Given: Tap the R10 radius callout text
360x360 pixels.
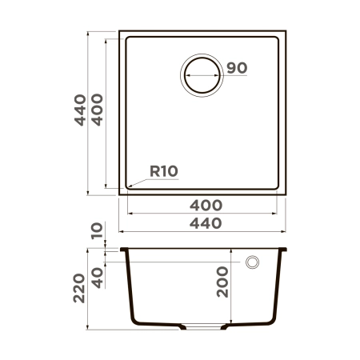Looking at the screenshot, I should pyautogui.click(x=162, y=170).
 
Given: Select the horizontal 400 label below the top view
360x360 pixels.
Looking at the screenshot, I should pyautogui.click(x=206, y=206).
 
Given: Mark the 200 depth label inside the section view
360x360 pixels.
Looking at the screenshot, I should pyautogui.click(x=223, y=282).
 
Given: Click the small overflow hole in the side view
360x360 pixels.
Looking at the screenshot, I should pyautogui.click(x=253, y=262).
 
